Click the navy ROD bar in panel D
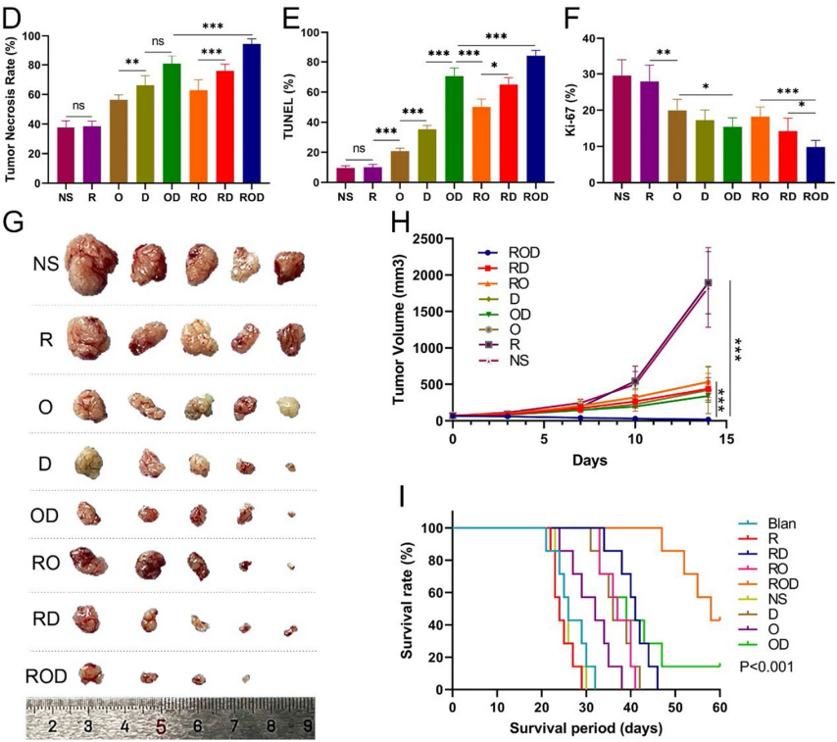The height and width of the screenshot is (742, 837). click(252, 114)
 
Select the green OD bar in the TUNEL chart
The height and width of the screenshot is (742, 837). click(454, 128)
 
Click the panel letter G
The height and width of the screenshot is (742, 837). click(15, 222)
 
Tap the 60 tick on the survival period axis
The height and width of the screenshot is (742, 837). click(719, 707)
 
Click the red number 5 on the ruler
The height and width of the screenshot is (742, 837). click(161, 726)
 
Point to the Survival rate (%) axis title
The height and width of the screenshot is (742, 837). click(410, 608)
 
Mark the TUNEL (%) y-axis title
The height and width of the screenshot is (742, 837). click(290, 106)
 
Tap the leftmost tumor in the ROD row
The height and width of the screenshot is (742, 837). click(90, 672)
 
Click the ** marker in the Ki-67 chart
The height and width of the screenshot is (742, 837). click(663, 53)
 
